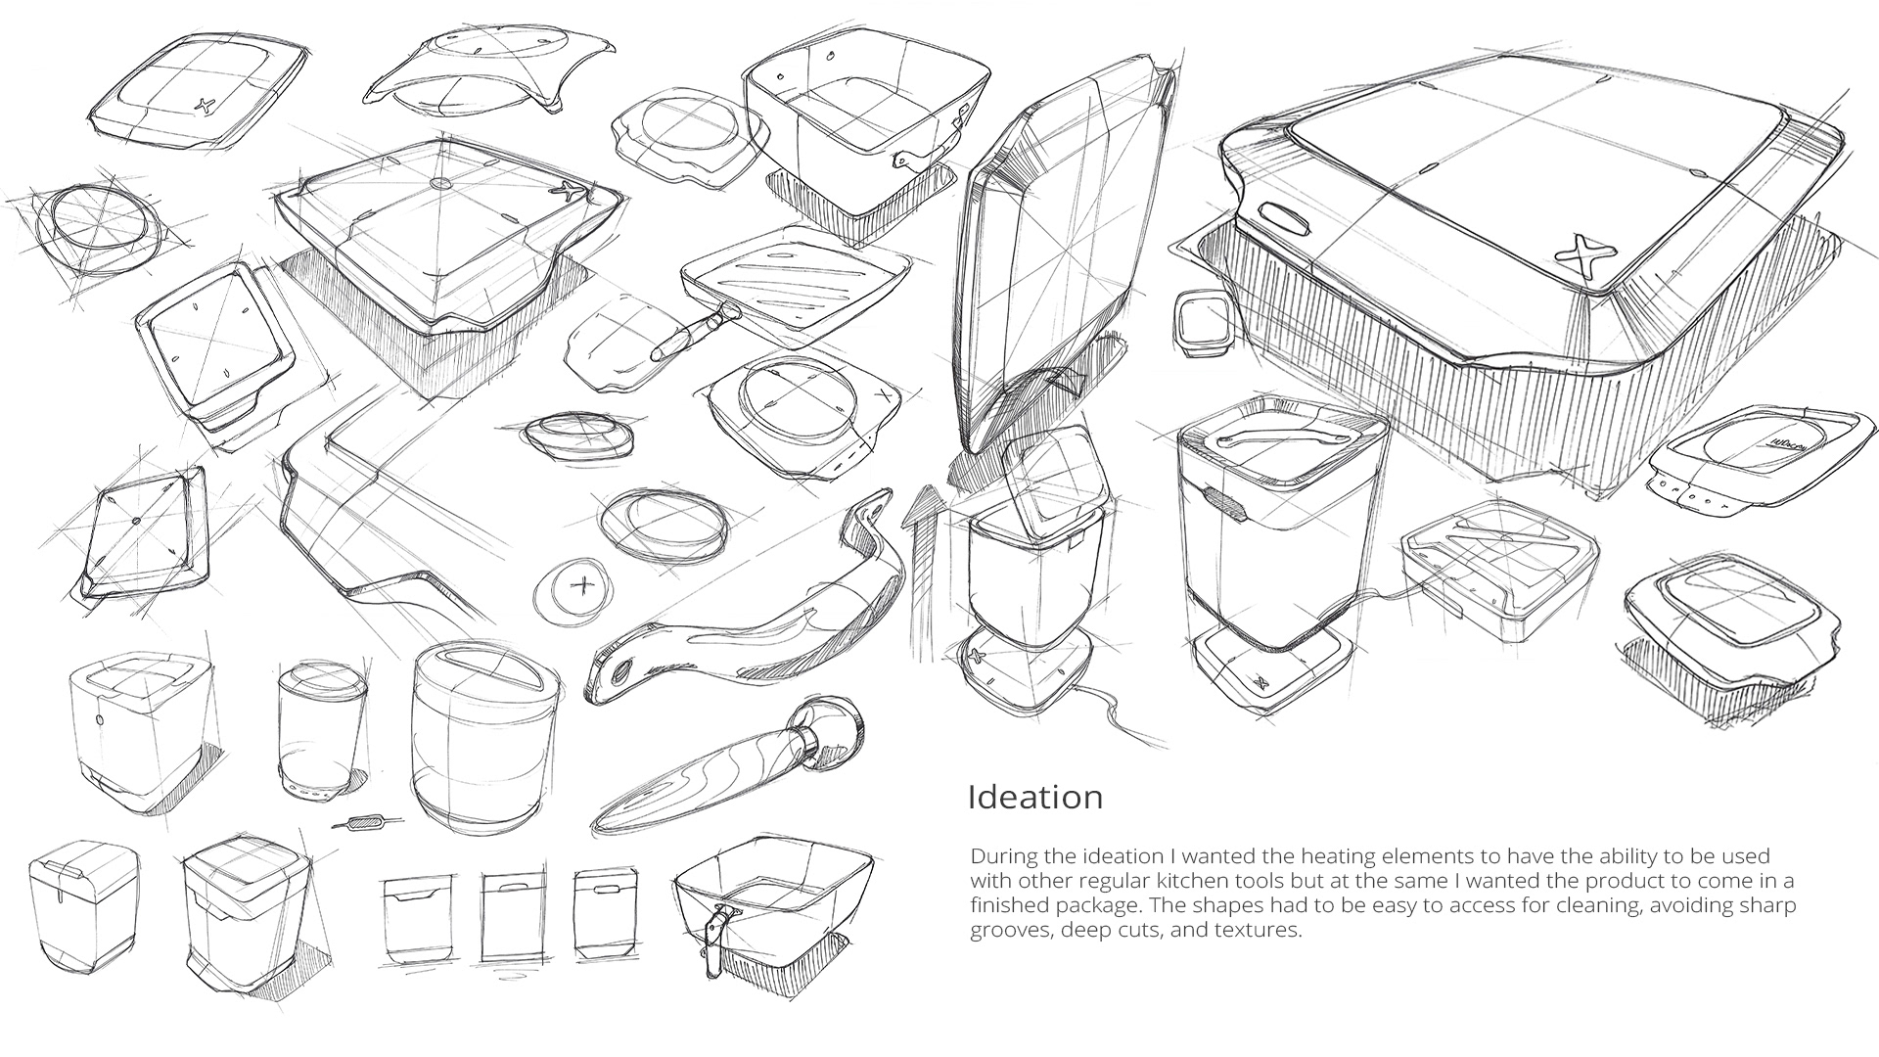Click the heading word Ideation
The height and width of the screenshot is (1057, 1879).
click(x=1034, y=797)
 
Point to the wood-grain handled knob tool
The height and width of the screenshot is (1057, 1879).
click(x=730, y=763)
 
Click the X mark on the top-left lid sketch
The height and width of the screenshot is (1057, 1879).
click(x=205, y=105)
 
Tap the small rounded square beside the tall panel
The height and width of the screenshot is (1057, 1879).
click(x=1198, y=322)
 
